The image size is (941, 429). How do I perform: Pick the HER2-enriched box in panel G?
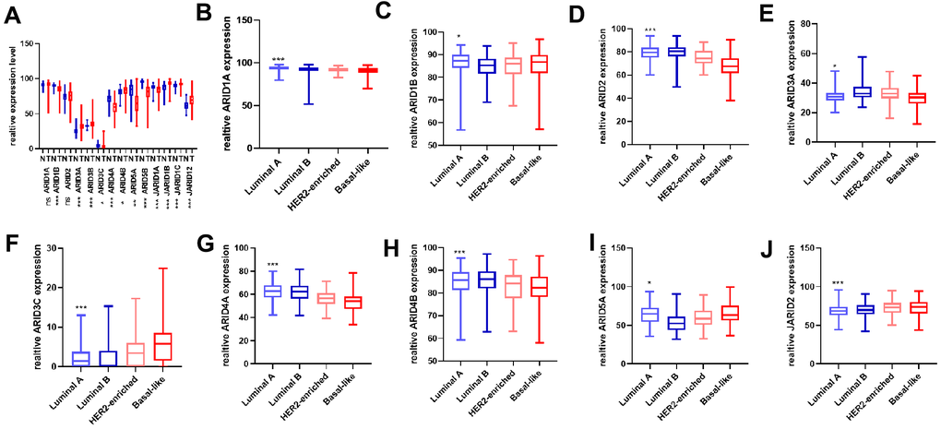[324, 298]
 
